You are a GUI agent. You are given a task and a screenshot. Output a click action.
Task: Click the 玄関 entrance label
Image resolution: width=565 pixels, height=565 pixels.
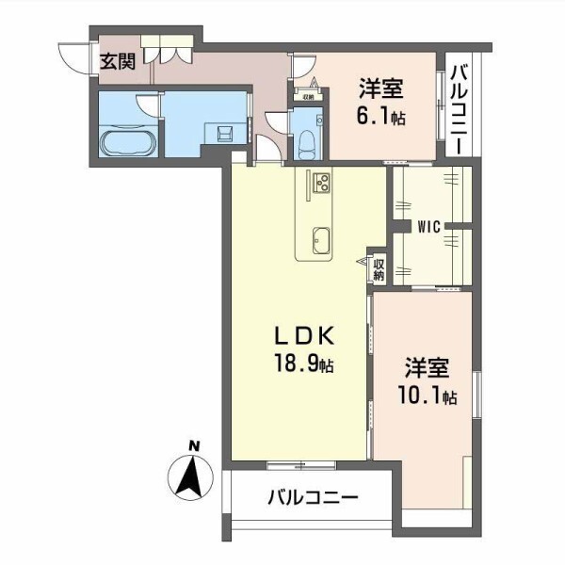(x=118, y=64)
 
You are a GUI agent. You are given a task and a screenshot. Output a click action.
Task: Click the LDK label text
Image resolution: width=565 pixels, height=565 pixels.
(x=301, y=337)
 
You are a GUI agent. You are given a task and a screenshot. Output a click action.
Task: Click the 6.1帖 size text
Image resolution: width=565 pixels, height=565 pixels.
(x=380, y=120)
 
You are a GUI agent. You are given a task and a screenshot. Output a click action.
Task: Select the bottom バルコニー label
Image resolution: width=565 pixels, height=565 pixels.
(x=312, y=497)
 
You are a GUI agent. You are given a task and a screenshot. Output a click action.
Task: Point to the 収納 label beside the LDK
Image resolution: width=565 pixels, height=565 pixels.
(x=378, y=269)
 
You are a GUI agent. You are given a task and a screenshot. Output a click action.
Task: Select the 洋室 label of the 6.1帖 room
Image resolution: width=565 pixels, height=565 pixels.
(x=380, y=89)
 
